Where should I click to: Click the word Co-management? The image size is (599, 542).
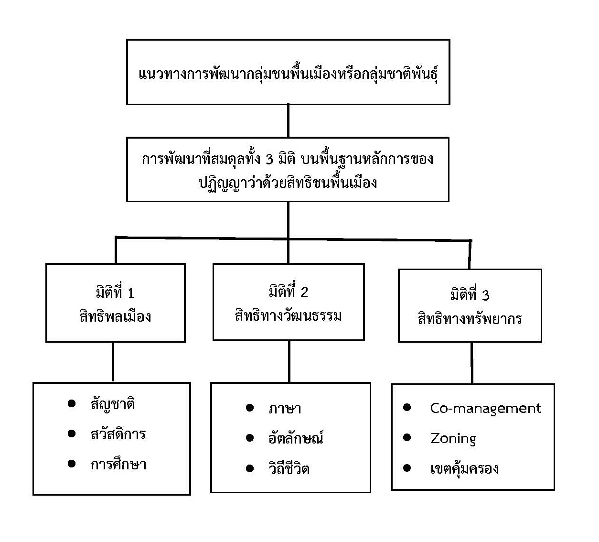click(x=485, y=409)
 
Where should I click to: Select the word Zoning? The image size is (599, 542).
click(x=453, y=438)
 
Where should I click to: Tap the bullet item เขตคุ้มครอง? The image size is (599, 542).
click(x=464, y=468)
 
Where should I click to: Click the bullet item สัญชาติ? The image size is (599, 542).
click(x=113, y=404)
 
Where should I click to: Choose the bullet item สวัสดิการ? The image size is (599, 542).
click(x=118, y=434)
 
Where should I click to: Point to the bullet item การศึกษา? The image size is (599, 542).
click(x=118, y=464)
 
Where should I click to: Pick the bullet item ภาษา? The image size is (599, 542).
click(x=285, y=409)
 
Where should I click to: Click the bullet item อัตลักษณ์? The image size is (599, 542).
click(x=296, y=438)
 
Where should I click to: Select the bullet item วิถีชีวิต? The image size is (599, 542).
click(x=289, y=468)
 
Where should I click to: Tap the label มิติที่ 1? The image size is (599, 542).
click(x=115, y=293)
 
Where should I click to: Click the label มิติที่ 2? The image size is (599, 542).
click(x=289, y=292)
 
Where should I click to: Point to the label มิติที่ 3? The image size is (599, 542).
click(x=470, y=295)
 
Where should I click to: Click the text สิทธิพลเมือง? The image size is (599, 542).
click(x=115, y=316)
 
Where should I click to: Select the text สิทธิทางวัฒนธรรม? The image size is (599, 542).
click(x=289, y=316)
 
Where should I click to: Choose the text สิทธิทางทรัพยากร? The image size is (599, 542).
click(x=470, y=319)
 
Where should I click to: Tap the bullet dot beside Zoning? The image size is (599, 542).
click(x=407, y=438)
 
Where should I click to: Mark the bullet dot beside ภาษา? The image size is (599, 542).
click(x=249, y=408)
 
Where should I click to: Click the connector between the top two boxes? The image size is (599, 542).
click(x=288, y=121)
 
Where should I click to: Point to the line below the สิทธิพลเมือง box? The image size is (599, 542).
click(x=113, y=362)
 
